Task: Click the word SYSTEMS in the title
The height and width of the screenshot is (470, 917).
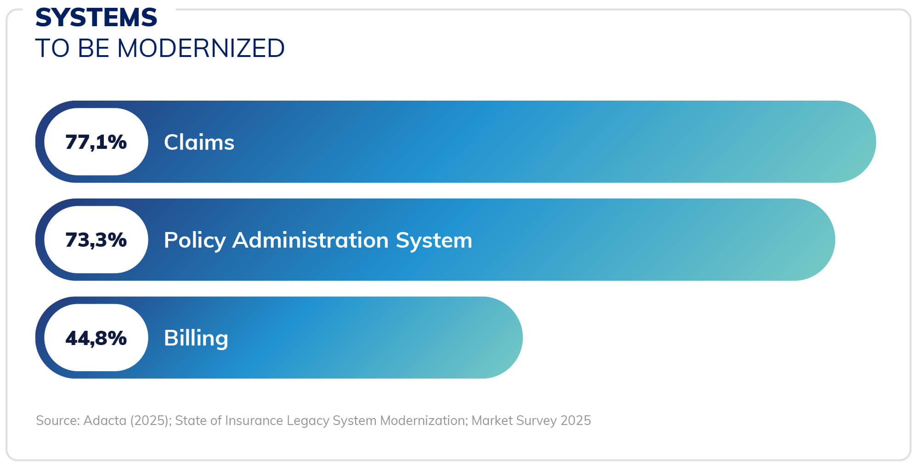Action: (96, 17)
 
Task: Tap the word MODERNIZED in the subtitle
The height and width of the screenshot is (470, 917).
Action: (201, 48)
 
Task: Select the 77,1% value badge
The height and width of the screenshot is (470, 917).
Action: (96, 142)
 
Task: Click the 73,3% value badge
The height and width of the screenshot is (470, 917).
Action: (96, 239)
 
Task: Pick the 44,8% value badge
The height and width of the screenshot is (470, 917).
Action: (96, 338)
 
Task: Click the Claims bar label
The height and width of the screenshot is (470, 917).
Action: (199, 142)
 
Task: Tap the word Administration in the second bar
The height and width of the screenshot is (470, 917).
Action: (311, 240)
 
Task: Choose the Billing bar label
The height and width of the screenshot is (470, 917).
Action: (196, 339)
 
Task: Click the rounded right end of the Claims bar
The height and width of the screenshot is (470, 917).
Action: (871, 142)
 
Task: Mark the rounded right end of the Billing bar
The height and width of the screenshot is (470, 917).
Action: (517, 338)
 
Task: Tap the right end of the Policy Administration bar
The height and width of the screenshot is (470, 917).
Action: (830, 239)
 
